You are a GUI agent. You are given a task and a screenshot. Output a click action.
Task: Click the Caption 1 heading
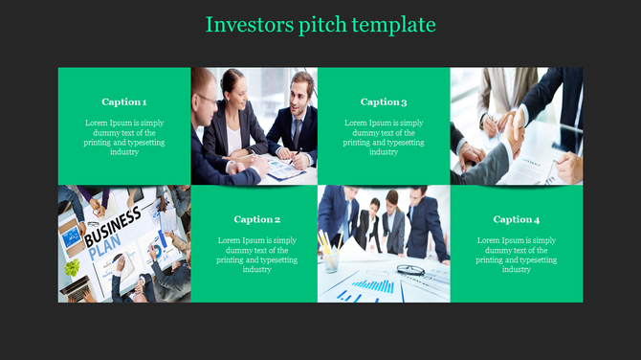(124, 101)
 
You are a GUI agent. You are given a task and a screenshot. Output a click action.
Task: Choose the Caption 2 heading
(257, 219)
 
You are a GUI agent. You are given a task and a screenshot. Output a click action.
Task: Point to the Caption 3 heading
(384, 101)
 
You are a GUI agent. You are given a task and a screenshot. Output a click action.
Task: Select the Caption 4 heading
(517, 219)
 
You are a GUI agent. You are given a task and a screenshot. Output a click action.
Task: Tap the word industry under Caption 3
(384, 152)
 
